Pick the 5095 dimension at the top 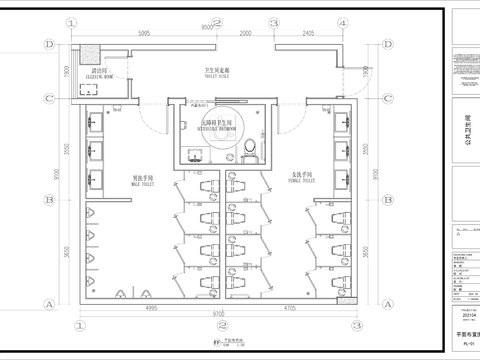(x=144, y=33)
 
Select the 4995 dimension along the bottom (x=149, y=310)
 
